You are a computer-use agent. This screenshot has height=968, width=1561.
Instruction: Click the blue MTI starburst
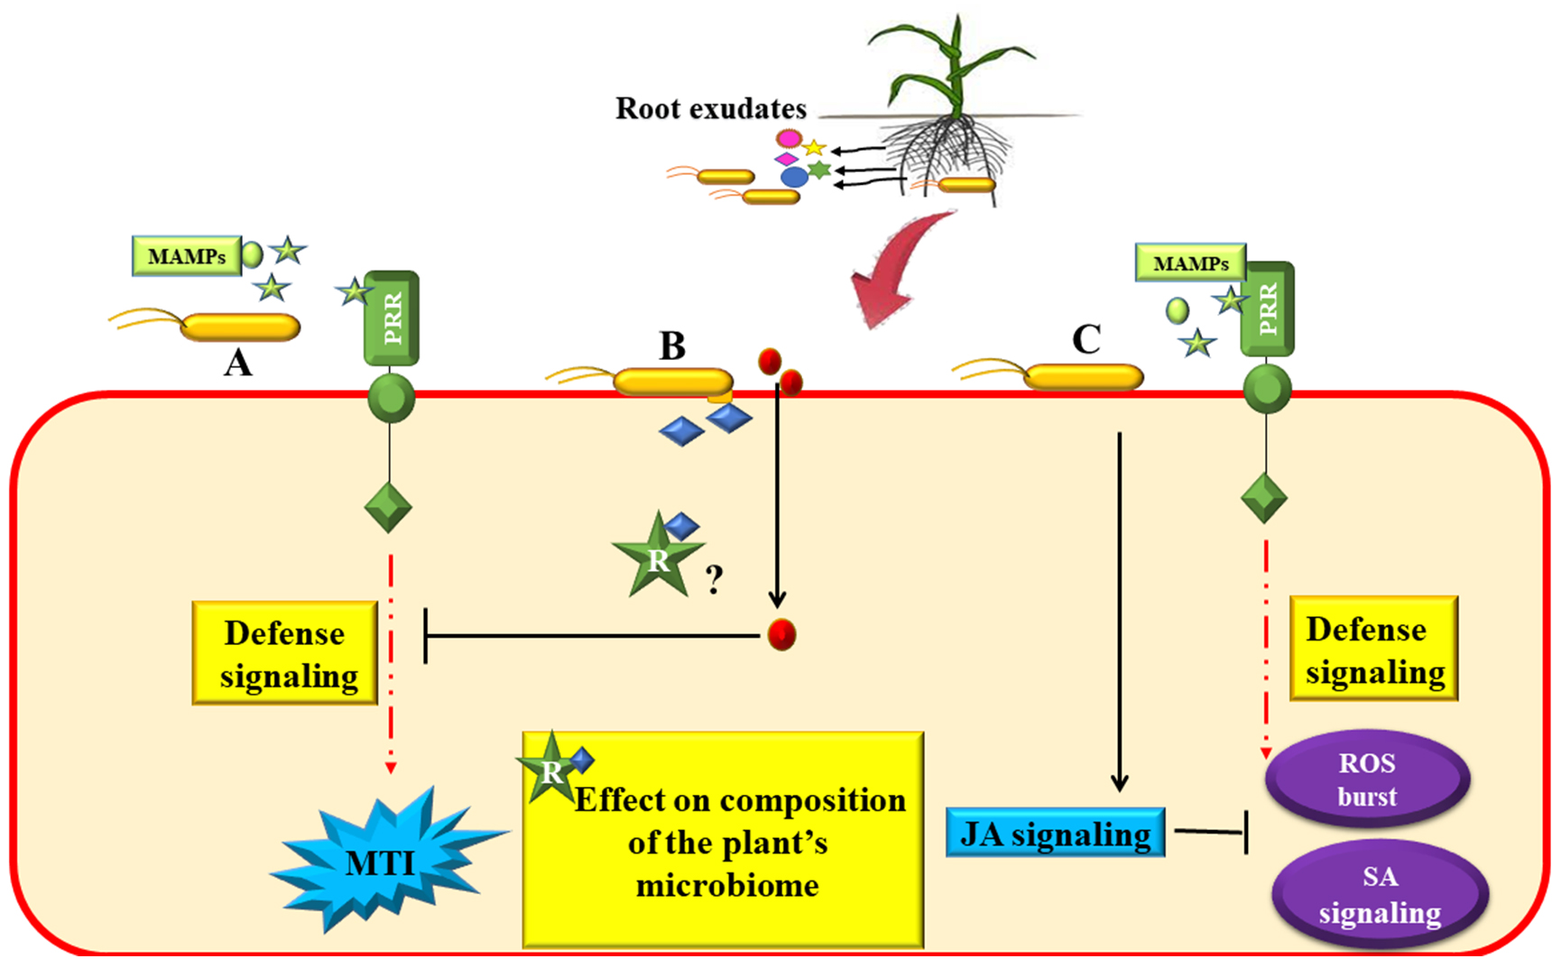[383, 862]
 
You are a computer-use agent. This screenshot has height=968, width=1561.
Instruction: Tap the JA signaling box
[1055, 834]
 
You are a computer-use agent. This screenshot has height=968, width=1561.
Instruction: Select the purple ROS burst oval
[1367, 779]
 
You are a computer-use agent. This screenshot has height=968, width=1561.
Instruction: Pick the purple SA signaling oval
[1380, 894]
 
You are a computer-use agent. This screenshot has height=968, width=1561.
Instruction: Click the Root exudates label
[711, 108]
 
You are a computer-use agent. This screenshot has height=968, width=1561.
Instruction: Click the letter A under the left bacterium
[237, 364]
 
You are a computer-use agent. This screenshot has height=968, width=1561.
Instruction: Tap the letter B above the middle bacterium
[672, 346]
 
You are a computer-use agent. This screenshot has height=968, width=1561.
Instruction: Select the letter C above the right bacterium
[1086, 340]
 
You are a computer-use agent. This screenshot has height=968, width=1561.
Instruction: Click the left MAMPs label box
[187, 256]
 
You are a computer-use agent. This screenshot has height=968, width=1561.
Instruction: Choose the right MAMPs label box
[1190, 263]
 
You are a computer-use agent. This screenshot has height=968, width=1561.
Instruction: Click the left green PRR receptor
[392, 318]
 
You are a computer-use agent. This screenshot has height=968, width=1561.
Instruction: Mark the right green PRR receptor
[1268, 309]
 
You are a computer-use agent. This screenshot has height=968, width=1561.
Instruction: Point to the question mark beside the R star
[715, 579]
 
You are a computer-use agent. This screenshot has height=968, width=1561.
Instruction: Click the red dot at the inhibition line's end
[781, 635]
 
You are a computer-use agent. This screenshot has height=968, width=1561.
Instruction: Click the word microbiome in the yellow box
[727, 886]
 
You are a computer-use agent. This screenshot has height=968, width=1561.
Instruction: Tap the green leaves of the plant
[947, 63]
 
